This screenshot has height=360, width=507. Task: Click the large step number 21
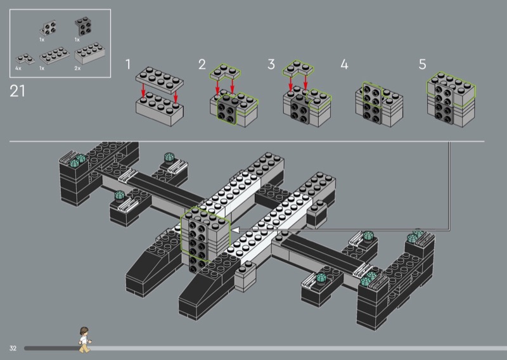click(x=18, y=91)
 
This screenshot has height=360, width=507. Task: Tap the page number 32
click(x=13, y=349)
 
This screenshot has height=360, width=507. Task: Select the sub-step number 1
click(x=128, y=65)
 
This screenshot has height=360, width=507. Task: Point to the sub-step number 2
click(x=202, y=64)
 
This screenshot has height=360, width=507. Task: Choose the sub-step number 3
click(x=271, y=64)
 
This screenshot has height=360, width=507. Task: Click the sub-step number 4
click(x=344, y=65)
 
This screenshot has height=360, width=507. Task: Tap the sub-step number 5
click(x=423, y=64)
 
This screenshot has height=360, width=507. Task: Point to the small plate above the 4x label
click(x=23, y=56)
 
